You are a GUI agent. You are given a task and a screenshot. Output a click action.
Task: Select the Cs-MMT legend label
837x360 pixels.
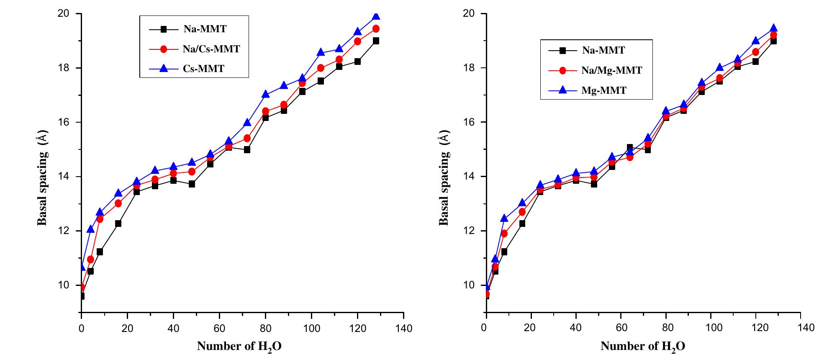203,69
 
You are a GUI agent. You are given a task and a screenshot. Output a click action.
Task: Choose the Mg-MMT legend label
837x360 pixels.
603,90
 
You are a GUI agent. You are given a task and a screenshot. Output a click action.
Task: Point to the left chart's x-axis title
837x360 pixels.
239,347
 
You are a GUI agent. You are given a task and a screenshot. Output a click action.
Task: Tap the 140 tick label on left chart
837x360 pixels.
403,328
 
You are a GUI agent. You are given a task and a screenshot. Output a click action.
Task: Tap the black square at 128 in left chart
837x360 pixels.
376,41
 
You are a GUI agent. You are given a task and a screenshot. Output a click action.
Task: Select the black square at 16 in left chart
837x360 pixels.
118,224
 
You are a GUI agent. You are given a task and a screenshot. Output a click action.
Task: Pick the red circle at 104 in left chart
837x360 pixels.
321,68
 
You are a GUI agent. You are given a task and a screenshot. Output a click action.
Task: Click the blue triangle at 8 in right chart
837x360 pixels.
504,218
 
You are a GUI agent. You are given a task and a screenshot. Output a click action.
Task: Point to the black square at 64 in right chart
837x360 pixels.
629,147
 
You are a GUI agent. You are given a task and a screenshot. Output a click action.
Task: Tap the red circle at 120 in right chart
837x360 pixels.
755,52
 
